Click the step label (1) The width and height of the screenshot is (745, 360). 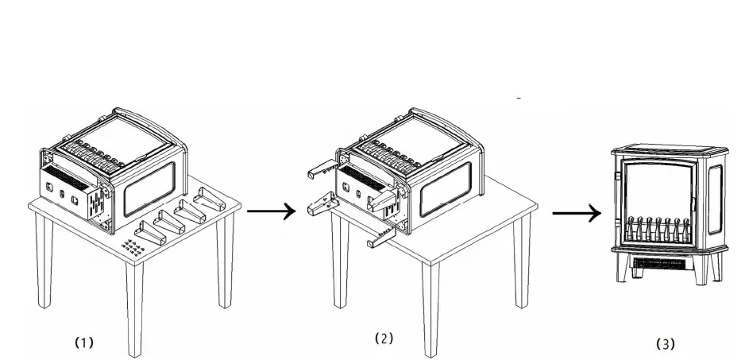click(84, 343)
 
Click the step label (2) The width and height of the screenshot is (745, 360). click(384, 339)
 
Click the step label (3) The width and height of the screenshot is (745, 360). click(665, 343)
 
